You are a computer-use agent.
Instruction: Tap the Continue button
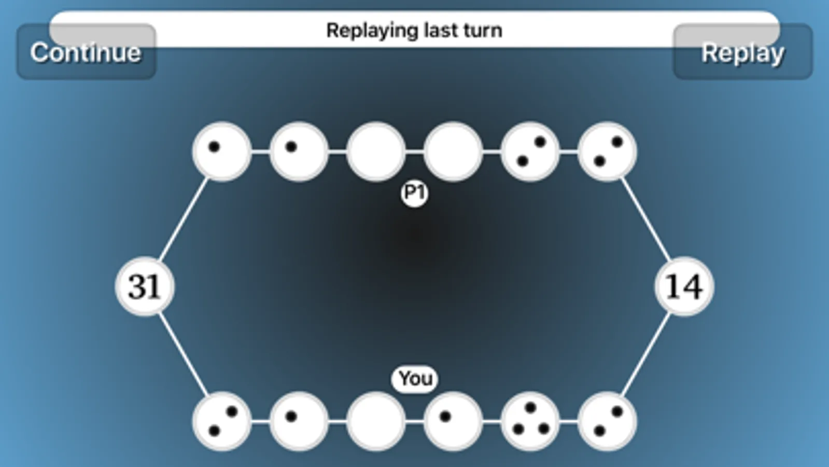pyautogui.click(x=86, y=52)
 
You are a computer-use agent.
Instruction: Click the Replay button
pyautogui.click(x=742, y=52)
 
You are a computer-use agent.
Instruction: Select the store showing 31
pyautogui.click(x=145, y=286)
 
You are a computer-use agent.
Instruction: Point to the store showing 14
pyautogui.click(x=684, y=286)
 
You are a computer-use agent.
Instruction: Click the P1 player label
pyautogui.click(x=414, y=194)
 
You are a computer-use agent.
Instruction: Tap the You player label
pyautogui.click(x=415, y=379)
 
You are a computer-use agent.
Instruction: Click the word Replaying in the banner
pyautogui.click(x=370, y=30)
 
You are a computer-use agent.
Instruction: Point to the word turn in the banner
pyautogui.click(x=483, y=30)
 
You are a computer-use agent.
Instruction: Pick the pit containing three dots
pyautogui.click(x=530, y=421)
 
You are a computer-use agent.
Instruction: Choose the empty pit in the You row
pyautogui.click(x=376, y=421)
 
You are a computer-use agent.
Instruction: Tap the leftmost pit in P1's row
pyautogui.click(x=222, y=152)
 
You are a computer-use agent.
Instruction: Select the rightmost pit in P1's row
pyautogui.click(x=607, y=152)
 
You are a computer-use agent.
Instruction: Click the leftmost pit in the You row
pyautogui.click(x=222, y=421)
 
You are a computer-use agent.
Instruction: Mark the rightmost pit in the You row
pyautogui.click(x=607, y=421)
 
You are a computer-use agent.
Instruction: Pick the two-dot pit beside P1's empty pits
pyautogui.click(x=530, y=152)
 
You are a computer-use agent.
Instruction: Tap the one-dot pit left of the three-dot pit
pyautogui.click(x=453, y=421)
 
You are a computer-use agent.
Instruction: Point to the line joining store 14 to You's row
pyautogui.click(x=645, y=354)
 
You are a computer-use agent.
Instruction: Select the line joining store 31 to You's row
pyautogui.click(x=183, y=354)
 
